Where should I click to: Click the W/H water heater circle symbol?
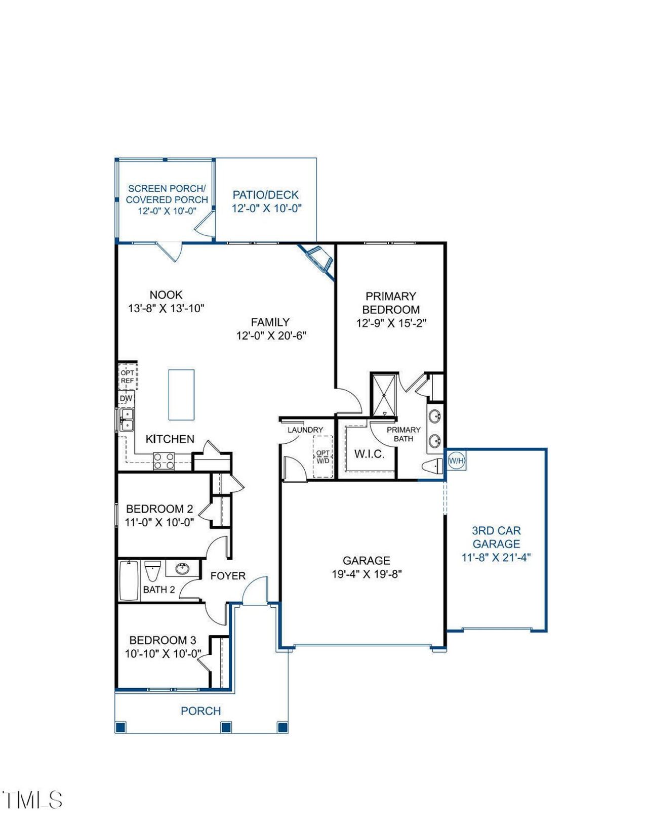pyautogui.click(x=456, y=461)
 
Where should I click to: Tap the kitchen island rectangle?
pyautogui.click(x=181, y=395)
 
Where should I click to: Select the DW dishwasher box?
pyautogui.click(x=127, y=398)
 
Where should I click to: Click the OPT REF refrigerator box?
pyautogui.click(x=128, y=376)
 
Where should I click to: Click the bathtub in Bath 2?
pyautogui.click(x=129, y=580)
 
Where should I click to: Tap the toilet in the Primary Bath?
pyautogui.click(x=431, y=467)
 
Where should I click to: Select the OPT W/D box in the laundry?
pyautogui.click(x=322, y=456)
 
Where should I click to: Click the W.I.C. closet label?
pyautogui.click(x=369, y=454)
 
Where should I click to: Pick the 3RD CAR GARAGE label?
pyautogui.click(x=496, y=537)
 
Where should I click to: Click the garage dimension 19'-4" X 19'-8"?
pyautogui.click(x=367, y=574)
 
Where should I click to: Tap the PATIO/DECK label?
pyautogui.click(x=265, y=195)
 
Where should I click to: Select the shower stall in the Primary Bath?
pyautogui.click(x=384, y=394)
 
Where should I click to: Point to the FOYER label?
pyautogui.click(x=228, y=576)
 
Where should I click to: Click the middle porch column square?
pyautogui.click(x=226, y=727)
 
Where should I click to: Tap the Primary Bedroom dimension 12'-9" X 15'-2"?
pyautogui.click(x=391, y=323)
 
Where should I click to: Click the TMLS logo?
pyautogui.click(x=32, y=800)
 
